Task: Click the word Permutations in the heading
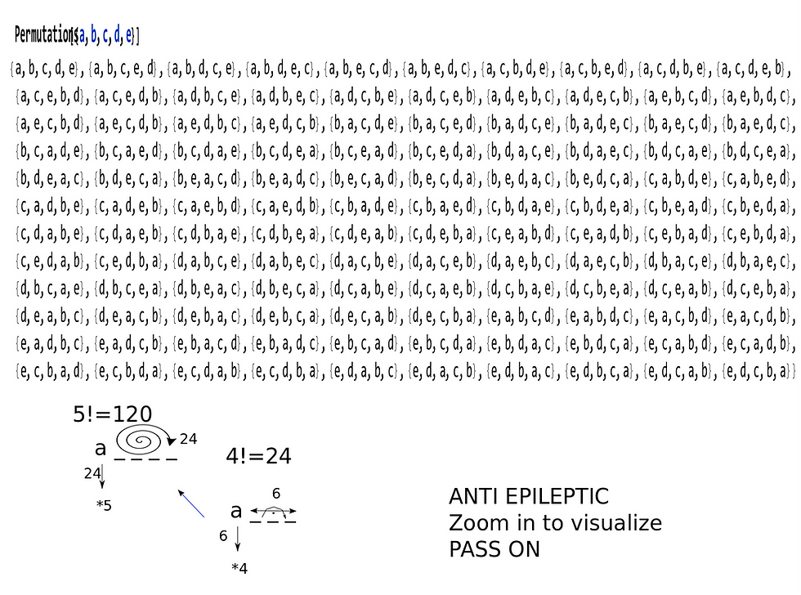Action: (x=45, y=35)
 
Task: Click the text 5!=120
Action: (x=112, y=415)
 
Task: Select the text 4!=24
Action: (x=258, y=457)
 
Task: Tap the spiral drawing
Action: (x=141, y=441)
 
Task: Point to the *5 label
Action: (x=104, y=506)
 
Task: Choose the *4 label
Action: (x=239, y=568)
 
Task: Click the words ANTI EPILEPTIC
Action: (x=529, y=497)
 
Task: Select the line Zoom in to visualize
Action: (x=555, y=523)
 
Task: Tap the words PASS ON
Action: (x=494, y=549)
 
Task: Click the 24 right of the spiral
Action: (x=188, y=439)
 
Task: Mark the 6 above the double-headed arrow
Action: (x=276, y=494)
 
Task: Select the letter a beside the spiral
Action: (x=101, y=448)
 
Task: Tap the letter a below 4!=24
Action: (x=236, y=512)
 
